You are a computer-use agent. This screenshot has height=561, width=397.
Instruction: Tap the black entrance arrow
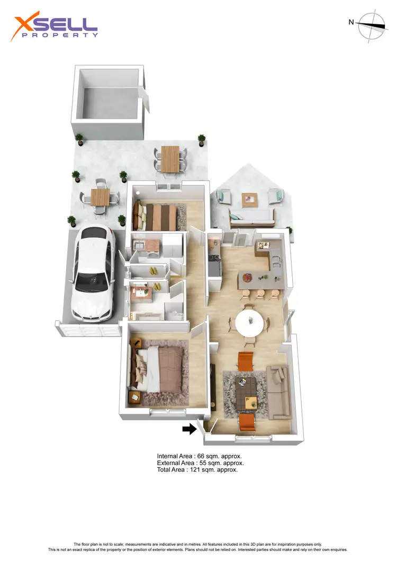(x=189, y=429)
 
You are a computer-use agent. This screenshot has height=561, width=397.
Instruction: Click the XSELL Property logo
(x=55, y=28)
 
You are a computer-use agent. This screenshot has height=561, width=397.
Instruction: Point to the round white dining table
(x=249, y=322)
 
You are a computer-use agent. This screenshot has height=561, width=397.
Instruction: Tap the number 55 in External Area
(x=202, y=463)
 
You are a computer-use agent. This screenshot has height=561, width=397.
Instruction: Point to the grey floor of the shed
(x=109, y=101)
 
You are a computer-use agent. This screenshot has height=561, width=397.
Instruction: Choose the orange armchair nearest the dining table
(x=246, y=361)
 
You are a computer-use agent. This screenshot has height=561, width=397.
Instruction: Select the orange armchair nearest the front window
(x=247, y=423)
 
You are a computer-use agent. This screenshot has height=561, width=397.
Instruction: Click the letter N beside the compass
(x=351, y=22)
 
